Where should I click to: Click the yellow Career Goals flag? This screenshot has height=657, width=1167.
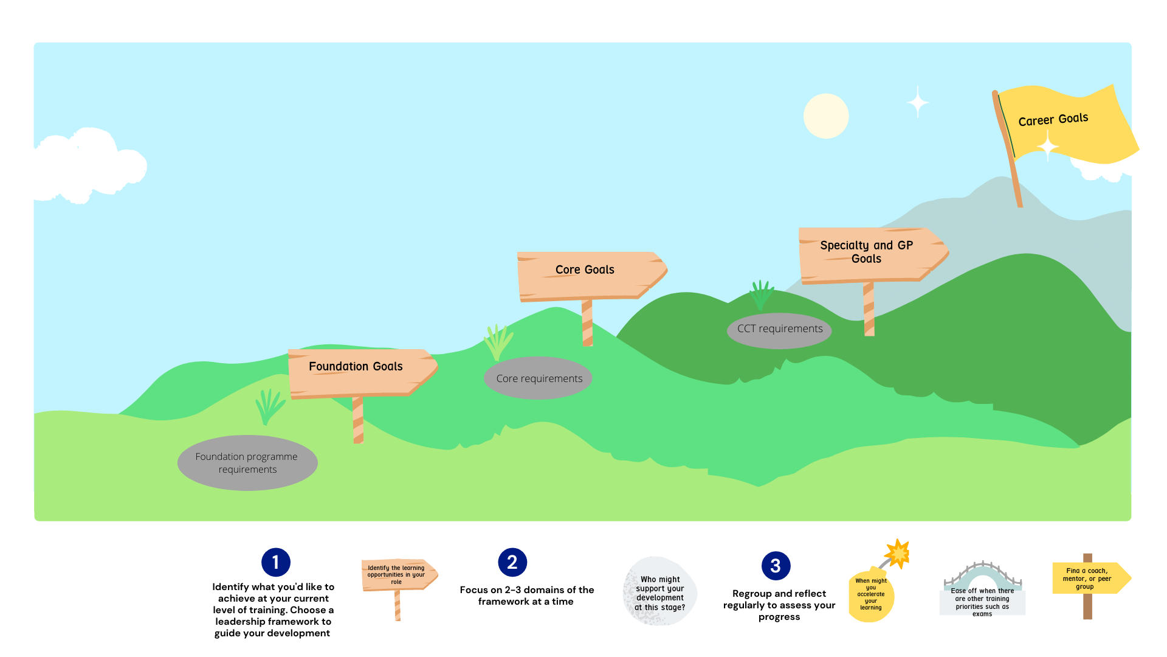click(x=1070, y=125)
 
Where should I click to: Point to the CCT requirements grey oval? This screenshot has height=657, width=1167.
click(x=779, y=330)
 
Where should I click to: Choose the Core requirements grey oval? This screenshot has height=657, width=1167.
click(x=539, y=378)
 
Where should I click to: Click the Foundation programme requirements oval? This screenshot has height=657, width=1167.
click(x=247, y=463)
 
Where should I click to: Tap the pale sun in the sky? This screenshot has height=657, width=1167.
click(x=825, y=116)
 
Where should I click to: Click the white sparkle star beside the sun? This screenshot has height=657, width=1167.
click(x=918, y=102)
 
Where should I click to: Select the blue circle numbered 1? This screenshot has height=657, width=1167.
click(x=276, y=562)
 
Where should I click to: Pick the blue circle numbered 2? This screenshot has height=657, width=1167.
click(x=512, y=562)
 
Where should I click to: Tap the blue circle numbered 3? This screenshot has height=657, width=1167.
click(x=776, y=566)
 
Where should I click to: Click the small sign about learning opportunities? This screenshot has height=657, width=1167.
click(x=398, y=575)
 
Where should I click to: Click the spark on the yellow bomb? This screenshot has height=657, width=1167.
click(x=898, y=553)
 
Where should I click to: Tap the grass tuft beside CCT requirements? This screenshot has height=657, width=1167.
click(x=761, y=295)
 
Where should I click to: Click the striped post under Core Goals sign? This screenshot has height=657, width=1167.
click(x=587, y=323)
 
